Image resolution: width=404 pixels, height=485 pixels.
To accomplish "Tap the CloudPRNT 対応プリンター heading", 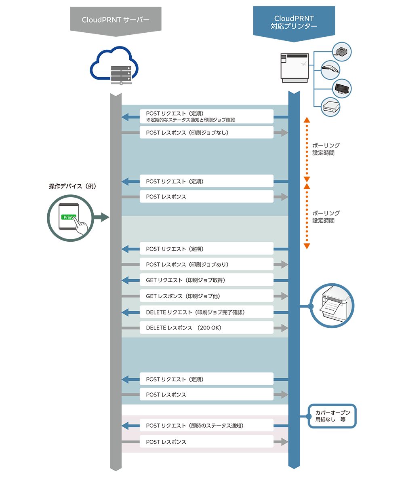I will coord(294,22).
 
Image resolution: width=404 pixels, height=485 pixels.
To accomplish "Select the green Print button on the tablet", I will coord(69,217).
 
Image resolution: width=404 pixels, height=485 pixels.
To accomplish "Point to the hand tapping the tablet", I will coord(82,226).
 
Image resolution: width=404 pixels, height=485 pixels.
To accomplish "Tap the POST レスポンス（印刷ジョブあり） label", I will coord(187,265).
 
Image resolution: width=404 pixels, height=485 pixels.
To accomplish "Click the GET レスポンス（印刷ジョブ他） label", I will coord(182,296).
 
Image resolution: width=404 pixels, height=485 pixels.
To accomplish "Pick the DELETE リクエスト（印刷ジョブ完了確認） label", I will coord(195,312).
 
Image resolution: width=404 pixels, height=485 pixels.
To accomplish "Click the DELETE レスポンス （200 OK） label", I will coord(183,328).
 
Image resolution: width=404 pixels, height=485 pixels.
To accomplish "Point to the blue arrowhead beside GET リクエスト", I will coord(125,280).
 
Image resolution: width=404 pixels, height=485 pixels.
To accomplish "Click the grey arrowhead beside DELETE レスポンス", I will coord(284,328).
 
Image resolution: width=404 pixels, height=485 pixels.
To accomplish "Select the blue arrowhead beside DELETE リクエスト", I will coord(125,312).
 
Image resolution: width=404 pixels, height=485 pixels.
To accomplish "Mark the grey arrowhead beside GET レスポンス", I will coord(284,296).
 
